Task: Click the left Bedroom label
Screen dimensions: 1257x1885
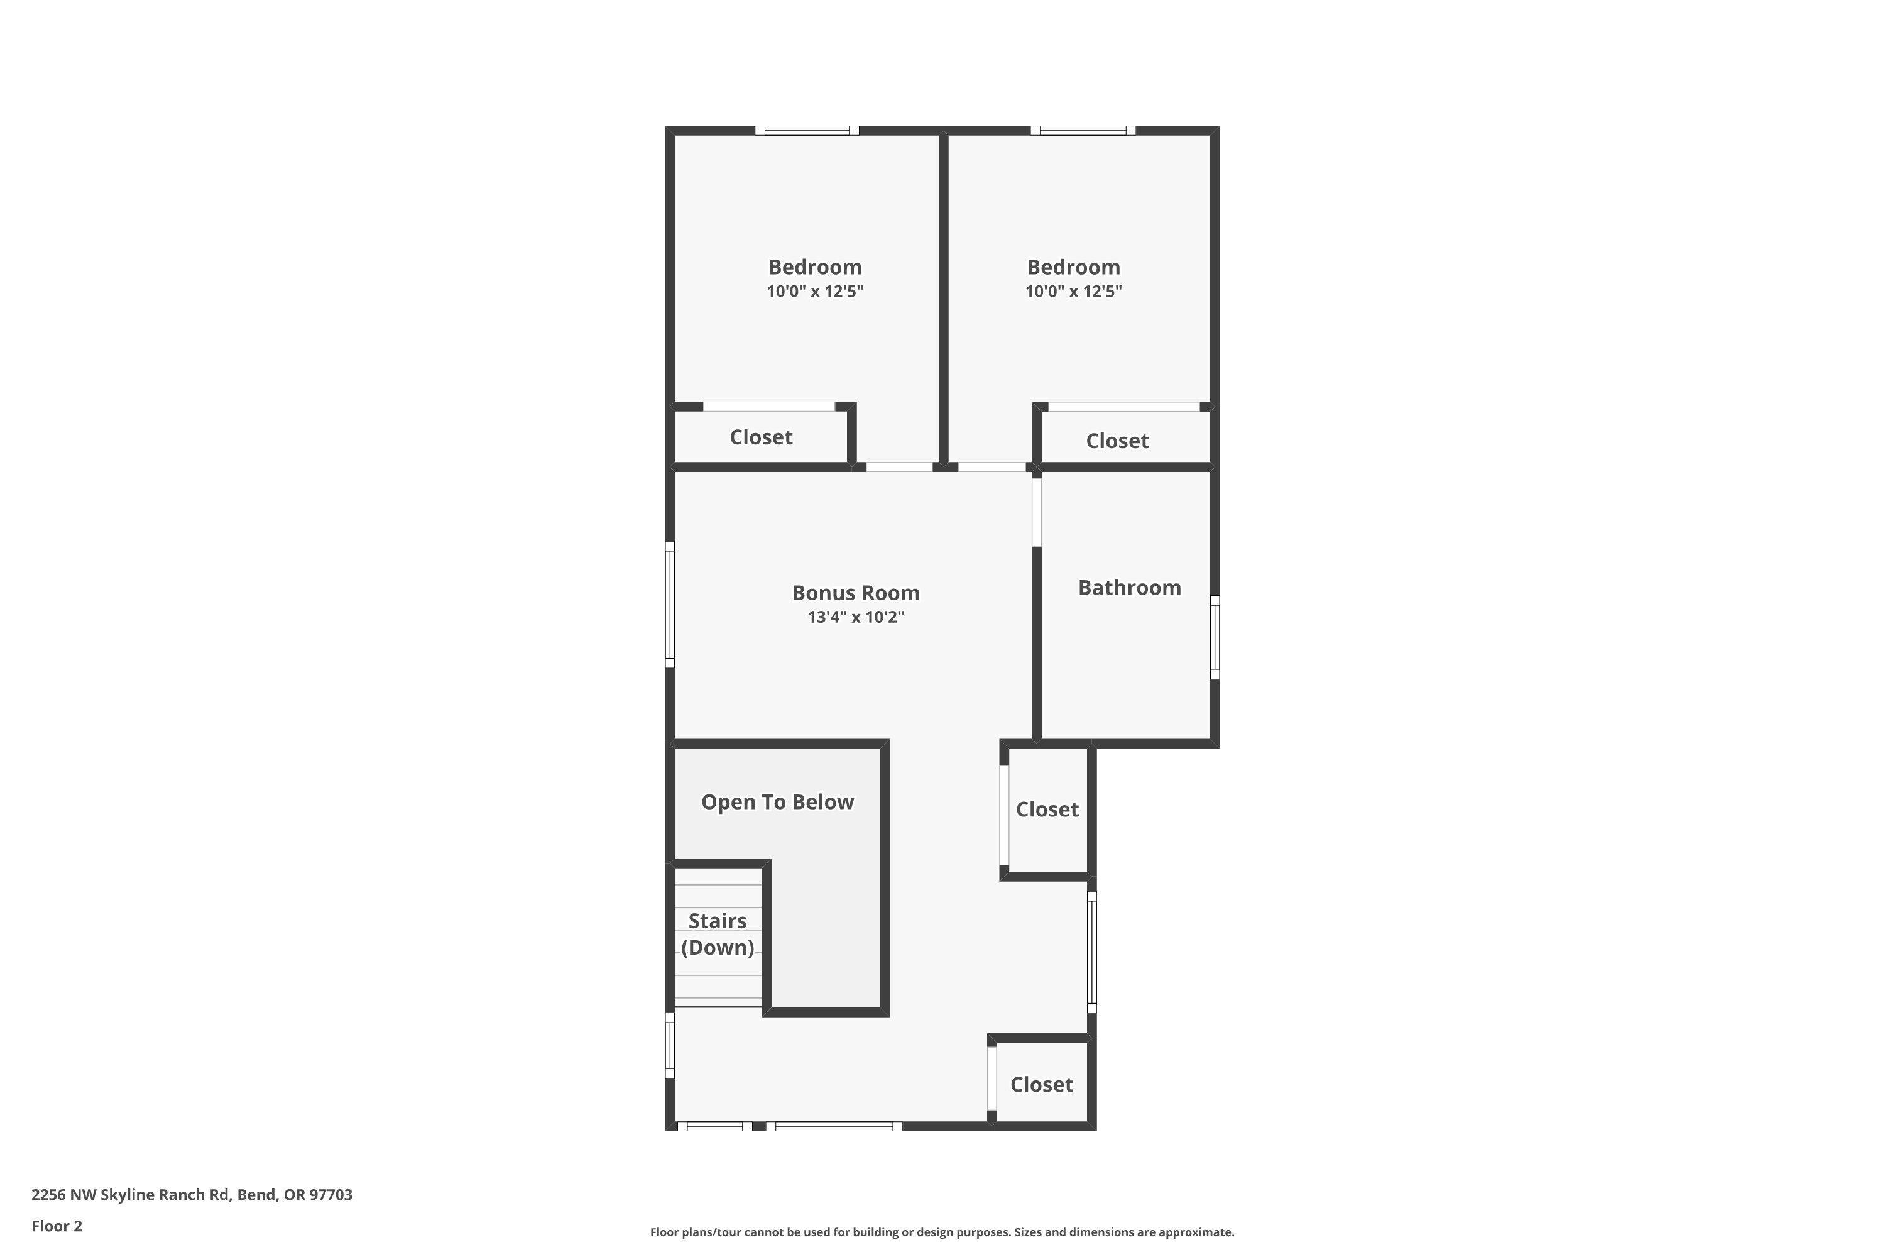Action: [814, 267]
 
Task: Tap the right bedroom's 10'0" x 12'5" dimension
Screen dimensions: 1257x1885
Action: [1073, 291]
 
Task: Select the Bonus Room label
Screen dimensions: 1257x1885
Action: [855, 593]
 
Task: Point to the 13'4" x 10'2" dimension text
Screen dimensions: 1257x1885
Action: [855, 617]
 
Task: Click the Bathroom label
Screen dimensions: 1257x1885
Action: [1128, 588]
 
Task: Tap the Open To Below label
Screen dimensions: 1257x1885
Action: [777, 802]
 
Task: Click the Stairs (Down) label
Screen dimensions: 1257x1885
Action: [718, 934]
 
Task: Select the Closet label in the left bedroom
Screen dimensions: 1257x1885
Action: [760, 437]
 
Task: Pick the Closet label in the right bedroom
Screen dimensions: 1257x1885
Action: [1117, 441]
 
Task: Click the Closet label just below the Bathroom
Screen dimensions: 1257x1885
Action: [1047, 809]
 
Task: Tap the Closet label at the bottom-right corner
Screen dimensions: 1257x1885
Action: [1041, 1085]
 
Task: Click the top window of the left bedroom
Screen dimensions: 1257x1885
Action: [806, 131]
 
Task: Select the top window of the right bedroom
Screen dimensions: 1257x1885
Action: [1082, 131]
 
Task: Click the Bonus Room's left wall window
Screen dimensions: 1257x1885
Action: [670, 605]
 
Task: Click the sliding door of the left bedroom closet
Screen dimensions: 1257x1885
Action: [768, 407]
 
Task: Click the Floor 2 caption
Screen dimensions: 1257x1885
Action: [57, 1226]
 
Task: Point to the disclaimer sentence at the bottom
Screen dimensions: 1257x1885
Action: [942, 1232]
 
